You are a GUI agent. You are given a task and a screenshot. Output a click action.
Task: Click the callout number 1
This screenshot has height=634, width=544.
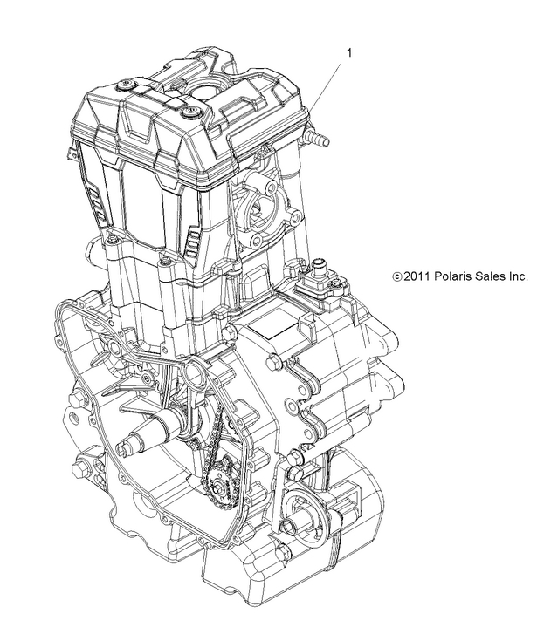(350, 53)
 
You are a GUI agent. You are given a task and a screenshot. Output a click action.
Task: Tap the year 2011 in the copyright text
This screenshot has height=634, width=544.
(417, 276)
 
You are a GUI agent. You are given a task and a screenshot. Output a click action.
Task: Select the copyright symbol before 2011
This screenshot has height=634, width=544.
(397, 277)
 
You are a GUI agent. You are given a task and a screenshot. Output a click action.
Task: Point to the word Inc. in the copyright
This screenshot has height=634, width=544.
(516, 276)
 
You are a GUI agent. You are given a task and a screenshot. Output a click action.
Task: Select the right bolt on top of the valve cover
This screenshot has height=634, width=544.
(188, 111)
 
